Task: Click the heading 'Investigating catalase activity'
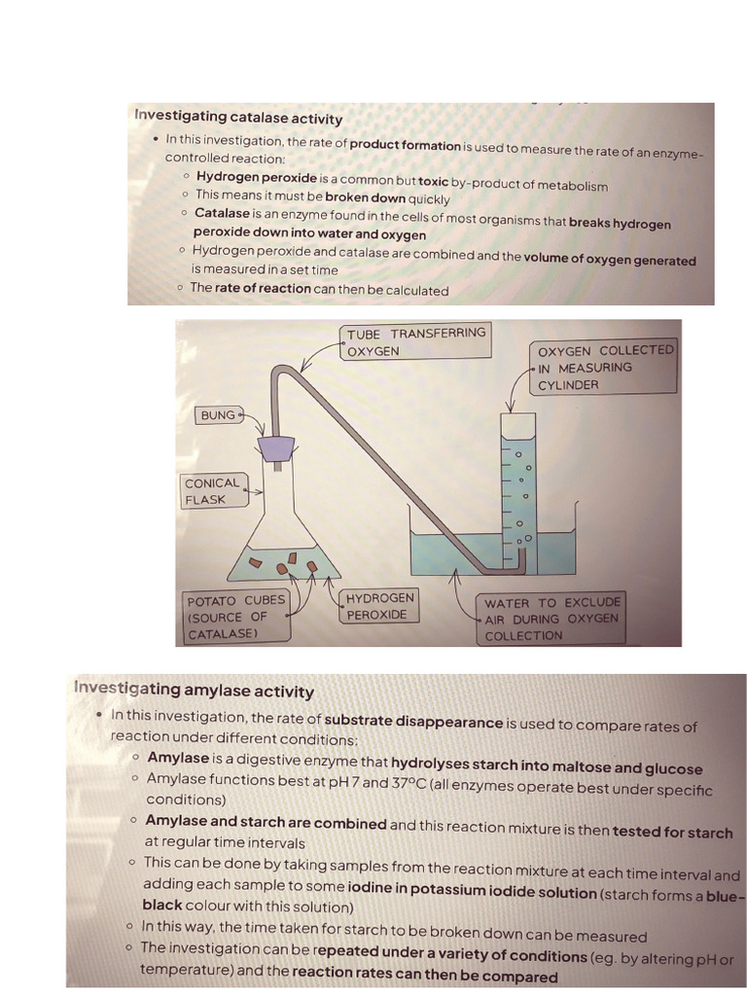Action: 238,118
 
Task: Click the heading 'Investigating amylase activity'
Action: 194,691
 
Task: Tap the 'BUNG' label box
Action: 218,415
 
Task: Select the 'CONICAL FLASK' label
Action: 211,491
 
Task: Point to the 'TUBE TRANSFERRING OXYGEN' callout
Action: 415,341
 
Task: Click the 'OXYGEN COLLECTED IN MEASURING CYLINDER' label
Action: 604,367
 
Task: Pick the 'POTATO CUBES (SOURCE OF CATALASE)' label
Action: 235,618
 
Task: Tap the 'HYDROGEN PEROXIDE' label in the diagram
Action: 379,606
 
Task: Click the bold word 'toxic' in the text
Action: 433,184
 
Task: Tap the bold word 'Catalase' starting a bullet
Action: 222,213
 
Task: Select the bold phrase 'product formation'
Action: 405,144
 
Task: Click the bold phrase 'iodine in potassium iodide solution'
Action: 472,893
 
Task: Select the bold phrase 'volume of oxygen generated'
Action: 610,260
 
